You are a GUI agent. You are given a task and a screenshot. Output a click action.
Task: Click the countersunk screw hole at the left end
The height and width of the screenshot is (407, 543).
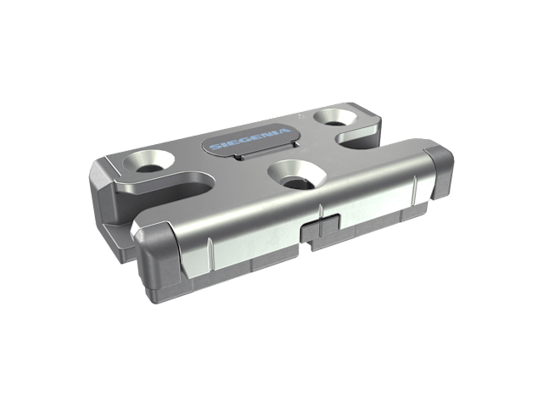pyautogui.click(x=149, y=162)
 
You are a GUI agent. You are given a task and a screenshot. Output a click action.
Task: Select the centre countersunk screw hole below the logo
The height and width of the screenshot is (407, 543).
pyautogui.click(x=297, y=175)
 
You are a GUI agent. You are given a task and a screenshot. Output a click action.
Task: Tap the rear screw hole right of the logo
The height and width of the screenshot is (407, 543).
pyautogui.click(x=335, y=117)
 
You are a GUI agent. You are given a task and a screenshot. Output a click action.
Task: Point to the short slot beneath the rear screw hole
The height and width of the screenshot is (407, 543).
pyautogui.click(x=356, y=140)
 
